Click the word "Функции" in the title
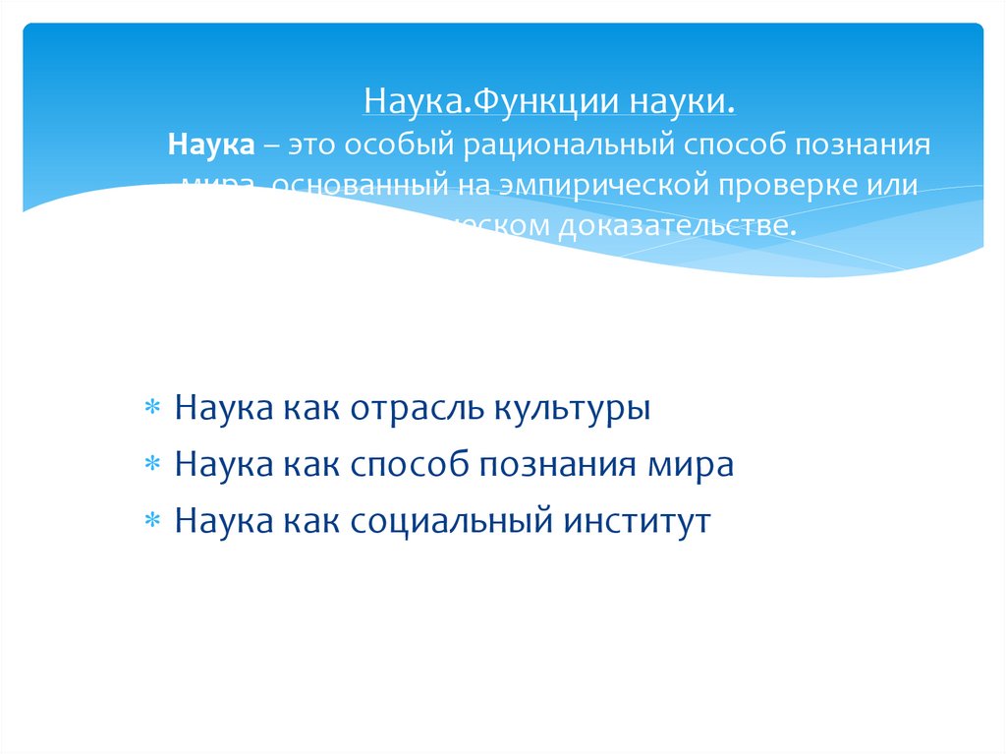[x=527, y=101]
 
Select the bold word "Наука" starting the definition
[x=211, y=145]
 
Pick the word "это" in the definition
[x=309, y=145]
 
